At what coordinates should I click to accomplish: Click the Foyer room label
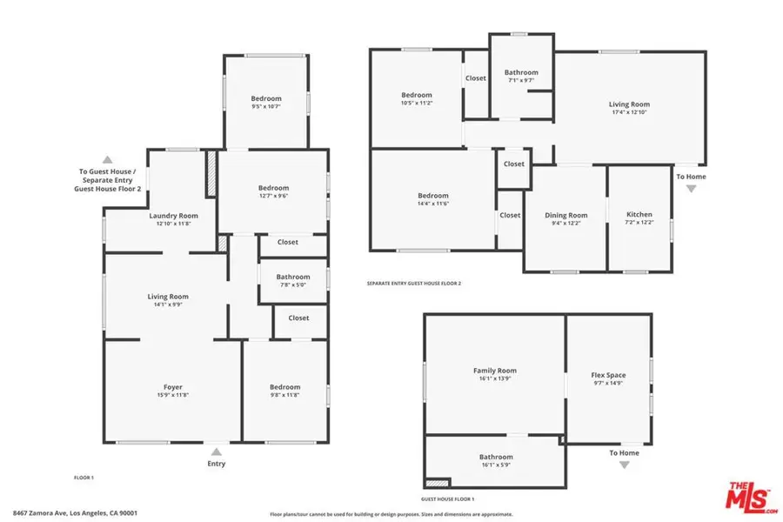(x=172, y=387)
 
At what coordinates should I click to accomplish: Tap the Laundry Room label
(x=173, y=216)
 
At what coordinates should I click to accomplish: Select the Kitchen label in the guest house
(x=639, y=215)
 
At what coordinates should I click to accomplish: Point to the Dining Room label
(x=565, y=216)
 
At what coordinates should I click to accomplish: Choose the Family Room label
(x=494, y=371)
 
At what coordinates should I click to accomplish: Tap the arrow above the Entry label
(x=216, y=452)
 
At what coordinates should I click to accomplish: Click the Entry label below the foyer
(x=216, y=464)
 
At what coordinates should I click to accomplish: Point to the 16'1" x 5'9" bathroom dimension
(x=495, y=465)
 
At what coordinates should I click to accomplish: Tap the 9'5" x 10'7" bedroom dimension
(x=266, y=107)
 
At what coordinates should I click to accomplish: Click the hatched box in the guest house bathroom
(x=437, y=481)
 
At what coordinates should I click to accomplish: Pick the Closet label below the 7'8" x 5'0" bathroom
(x=298, y=318)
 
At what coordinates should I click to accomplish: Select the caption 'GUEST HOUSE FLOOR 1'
(x=448, y=499)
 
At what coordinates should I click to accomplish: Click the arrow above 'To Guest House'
(x=107, y=160)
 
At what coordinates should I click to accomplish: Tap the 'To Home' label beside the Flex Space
(x=624, y=453)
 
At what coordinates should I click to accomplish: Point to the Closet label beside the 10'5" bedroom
(x=475, y=78)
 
